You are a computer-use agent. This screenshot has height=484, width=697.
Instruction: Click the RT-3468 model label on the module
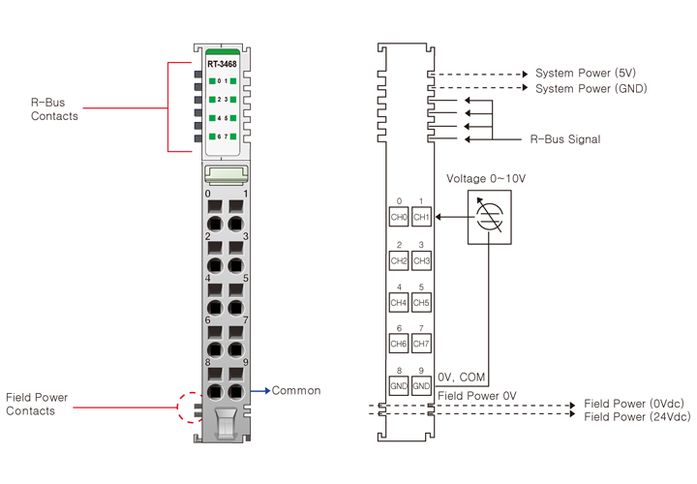222,64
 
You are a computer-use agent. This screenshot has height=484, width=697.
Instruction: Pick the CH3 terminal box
421,261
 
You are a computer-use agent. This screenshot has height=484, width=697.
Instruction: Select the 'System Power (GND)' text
591,89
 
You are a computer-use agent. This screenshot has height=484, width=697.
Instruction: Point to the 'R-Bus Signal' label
565,139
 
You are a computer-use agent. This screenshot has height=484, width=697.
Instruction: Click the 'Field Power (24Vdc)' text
638,416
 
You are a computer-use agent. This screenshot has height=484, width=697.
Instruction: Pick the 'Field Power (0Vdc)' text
636,404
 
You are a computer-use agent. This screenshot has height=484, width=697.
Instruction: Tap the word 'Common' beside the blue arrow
296,391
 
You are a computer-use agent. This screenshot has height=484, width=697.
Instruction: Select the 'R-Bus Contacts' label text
55,109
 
